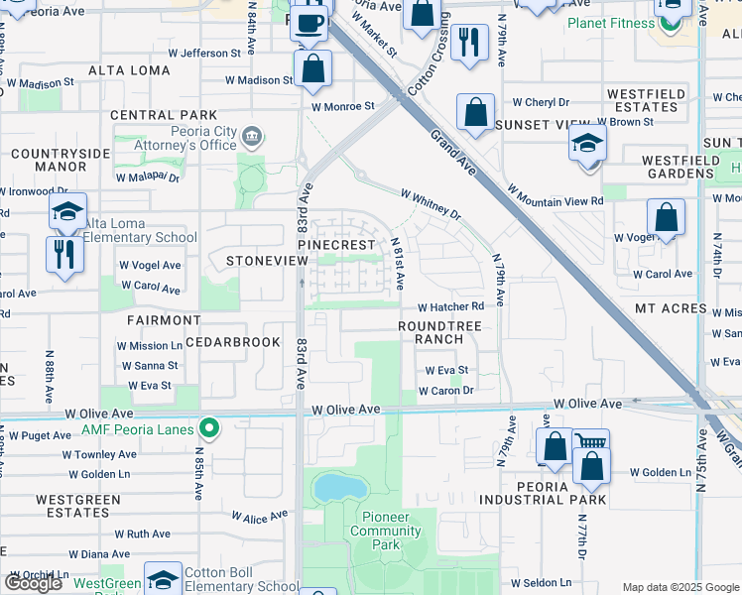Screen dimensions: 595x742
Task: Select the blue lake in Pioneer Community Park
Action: click(x=337, y=488)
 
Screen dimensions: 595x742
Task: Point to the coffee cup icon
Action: click(x=309, y=23)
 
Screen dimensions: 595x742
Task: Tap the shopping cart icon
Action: click(x=591, y=444)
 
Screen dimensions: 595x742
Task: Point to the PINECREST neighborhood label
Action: click(x=336, y=244)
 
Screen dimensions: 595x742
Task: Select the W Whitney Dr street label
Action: click(x=431, y=204)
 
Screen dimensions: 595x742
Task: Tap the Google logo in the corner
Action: click(x=33, y=584)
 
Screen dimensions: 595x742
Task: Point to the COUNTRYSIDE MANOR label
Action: click(x=60, y=160)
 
